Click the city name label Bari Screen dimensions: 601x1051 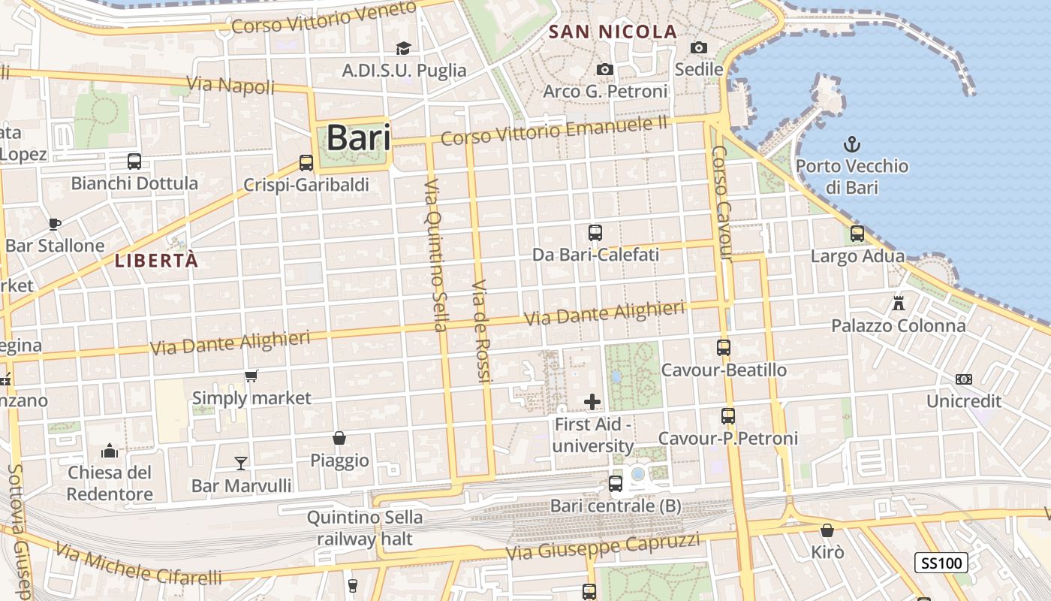click(358, 138)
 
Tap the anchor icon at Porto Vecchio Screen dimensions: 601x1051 click(852, 144)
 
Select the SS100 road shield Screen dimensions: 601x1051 click(941, 562)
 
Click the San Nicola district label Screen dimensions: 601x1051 click(613, 32)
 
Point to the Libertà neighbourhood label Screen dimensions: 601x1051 click(157, 261)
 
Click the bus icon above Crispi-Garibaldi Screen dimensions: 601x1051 click(306, 162)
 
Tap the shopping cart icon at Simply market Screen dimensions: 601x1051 click(251, 376)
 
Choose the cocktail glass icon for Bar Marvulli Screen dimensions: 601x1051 click(241, 463)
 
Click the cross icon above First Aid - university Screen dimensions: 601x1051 click(592, 402)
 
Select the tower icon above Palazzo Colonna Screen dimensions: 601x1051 click(898, 304)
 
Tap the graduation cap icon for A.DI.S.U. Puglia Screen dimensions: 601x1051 click(403, 48)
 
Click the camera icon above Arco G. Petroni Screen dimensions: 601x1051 click(604, 69)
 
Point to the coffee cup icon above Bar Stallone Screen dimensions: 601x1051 click(54, 223)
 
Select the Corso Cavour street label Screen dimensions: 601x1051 click(721, 203)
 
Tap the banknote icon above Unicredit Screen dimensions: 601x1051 click(964, 379)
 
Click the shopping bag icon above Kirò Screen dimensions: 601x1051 click(827, 530)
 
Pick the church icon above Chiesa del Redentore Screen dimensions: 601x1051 click(110, 451)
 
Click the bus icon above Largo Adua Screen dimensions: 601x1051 click(857, 234)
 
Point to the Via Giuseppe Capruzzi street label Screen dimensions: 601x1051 click(603, 547)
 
